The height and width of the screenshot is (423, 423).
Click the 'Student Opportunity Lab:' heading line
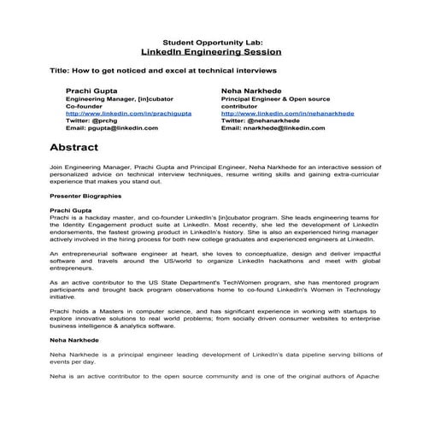(x=212, y=41)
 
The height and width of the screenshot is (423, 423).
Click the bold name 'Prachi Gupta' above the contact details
(x=90, y=90)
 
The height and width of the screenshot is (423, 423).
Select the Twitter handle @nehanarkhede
(x=279, y=120)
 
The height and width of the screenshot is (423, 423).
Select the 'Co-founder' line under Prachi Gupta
(x=84, y=106)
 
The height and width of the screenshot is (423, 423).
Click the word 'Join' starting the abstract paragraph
(x=56, y=169)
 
